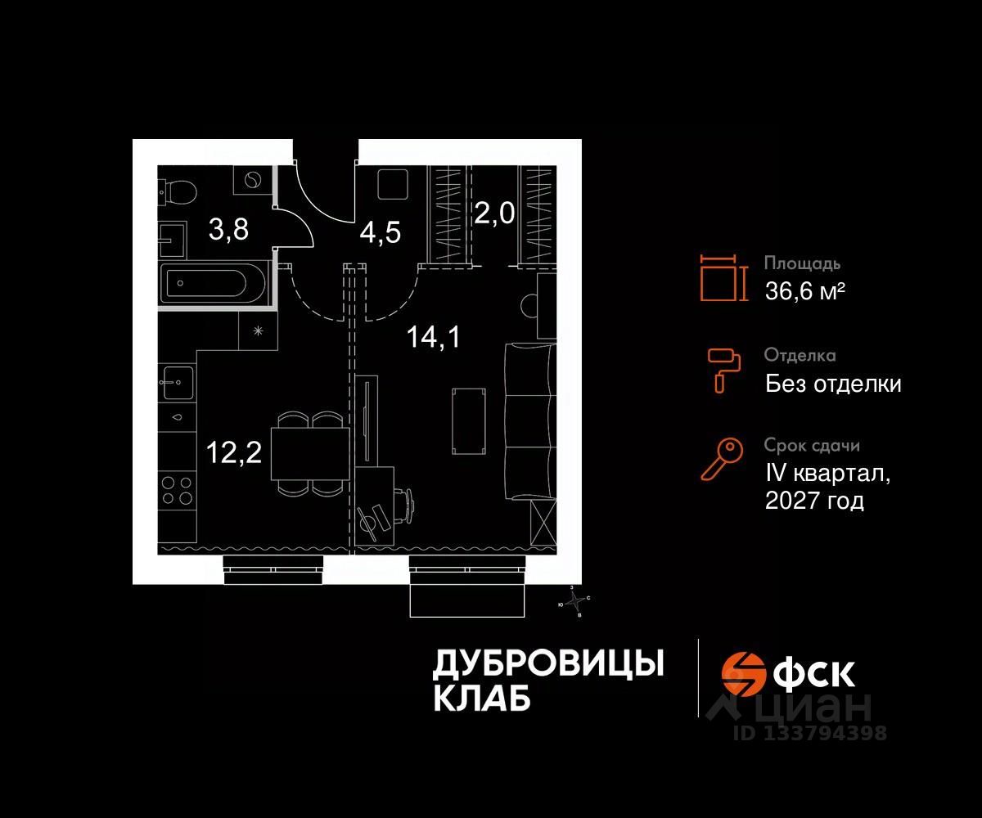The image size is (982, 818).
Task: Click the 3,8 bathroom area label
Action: click(229, 229)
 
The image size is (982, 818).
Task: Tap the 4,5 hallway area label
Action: click(381, 233)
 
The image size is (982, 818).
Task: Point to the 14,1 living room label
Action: click(433, 335)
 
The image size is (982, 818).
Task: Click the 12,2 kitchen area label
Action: click(234, 451)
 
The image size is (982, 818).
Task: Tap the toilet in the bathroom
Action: click(179, 192)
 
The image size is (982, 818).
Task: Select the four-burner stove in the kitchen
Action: click(178, 489)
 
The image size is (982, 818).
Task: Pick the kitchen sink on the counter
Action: click(178, 382)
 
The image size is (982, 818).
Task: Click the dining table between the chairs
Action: click(309, 452)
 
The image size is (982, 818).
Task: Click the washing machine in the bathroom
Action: click(252, 179)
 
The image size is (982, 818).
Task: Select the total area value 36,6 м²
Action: click(804, 290)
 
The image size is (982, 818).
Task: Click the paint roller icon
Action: click(723, 367)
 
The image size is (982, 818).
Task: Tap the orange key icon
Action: click(722, 458)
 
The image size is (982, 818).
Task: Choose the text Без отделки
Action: click(833, 383)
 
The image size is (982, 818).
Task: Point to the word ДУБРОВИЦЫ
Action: click(547, 664)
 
